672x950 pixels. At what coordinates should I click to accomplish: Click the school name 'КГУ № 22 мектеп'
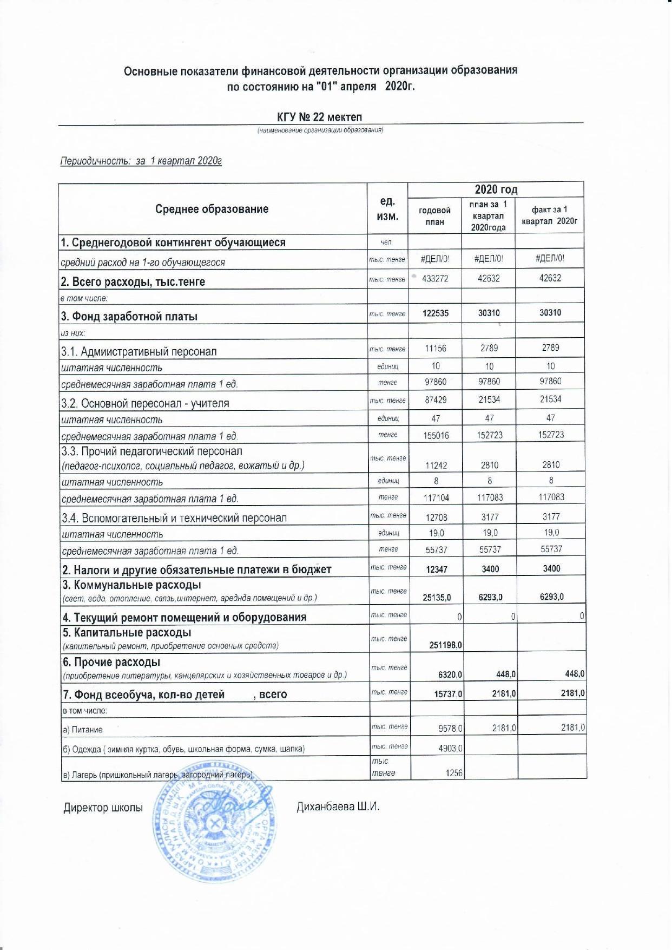319,117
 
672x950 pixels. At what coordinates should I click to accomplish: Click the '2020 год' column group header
496,189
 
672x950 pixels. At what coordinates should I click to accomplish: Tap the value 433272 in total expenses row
434,279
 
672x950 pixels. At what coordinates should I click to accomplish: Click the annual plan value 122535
435,313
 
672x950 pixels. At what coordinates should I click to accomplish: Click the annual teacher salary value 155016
436,435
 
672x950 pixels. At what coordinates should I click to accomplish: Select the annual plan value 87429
436,400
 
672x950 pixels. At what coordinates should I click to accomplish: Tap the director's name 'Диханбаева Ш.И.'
338,807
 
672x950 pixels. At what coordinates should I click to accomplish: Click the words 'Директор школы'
103,808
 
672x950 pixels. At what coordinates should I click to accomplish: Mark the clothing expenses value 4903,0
450,749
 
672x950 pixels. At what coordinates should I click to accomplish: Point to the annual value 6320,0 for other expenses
450,674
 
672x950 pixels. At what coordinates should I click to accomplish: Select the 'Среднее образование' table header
212,209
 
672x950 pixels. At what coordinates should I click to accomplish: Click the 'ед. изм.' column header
387,209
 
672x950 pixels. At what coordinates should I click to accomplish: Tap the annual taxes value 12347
437,569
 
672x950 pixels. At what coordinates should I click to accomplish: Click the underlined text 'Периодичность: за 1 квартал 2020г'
141,161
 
